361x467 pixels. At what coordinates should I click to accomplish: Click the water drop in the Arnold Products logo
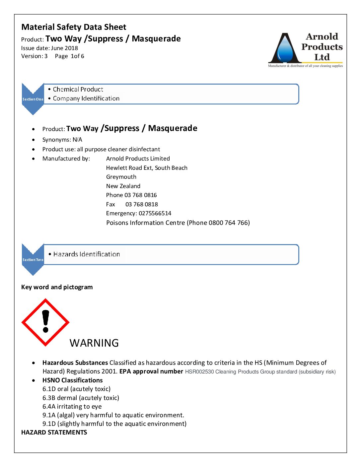[285, 50]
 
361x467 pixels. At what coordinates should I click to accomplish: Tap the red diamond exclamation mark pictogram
[45, 322]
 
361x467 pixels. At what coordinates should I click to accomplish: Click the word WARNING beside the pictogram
[94, 343]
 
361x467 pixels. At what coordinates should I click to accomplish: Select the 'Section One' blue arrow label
[33, 99]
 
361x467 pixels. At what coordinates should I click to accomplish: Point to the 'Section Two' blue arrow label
[33, 259]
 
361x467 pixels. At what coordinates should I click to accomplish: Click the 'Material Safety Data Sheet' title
[74, 27]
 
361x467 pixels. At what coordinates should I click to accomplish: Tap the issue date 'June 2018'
[64, 48]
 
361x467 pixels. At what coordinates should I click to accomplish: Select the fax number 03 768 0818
[142, 204]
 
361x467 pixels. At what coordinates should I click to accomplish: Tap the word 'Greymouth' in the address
[121, 177]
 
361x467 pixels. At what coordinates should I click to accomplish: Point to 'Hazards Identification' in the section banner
[87, 254]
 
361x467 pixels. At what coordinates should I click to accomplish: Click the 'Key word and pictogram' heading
[57, 287]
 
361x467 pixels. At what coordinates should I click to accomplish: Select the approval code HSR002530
[199, 372]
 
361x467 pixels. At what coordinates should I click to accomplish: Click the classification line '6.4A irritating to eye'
[72, 406]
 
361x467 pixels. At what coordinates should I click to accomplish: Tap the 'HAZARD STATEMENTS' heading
[54, 433]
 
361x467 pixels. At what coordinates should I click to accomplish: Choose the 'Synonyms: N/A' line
[62, 140]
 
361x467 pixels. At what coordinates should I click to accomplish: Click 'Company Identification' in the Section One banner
[86, 99]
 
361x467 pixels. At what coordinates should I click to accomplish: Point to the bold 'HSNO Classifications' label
[72, 380]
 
